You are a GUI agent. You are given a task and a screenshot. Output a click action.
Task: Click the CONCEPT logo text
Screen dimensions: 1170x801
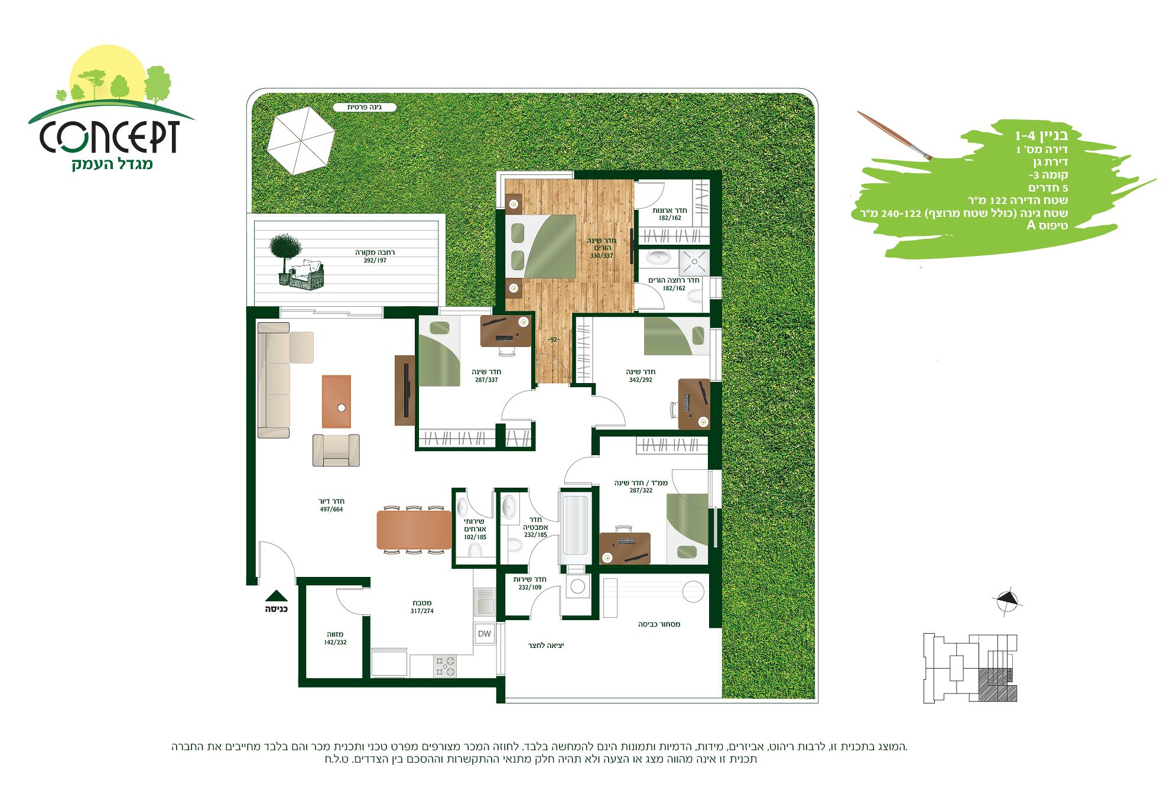click(110, 137)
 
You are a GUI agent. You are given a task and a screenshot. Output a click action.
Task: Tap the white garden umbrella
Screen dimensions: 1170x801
click(301, 140)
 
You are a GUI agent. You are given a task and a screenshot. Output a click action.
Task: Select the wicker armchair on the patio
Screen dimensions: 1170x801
click(307, 274)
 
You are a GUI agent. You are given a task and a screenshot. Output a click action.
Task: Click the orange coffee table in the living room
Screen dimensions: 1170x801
click(336, 401)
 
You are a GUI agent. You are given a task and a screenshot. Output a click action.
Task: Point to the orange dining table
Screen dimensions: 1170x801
click(414, 530)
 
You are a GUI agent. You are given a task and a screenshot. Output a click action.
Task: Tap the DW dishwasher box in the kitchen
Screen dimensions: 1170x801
click(485, 634)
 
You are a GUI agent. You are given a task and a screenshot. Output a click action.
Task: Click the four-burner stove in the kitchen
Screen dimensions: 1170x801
click(445, 666)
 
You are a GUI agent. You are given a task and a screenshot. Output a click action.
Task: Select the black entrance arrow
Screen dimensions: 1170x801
click(276, 596)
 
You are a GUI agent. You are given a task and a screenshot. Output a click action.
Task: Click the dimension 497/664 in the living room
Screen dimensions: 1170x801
click(331, 509)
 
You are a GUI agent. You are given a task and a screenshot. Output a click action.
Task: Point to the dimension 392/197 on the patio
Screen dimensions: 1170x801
click(375, 260)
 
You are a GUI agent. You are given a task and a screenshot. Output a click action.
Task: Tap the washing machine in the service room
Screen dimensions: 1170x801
click(578, 586)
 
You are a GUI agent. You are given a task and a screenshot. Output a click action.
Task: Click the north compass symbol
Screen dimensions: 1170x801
click(1007, 601)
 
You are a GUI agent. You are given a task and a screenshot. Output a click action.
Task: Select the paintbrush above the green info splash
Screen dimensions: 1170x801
click(895, 135)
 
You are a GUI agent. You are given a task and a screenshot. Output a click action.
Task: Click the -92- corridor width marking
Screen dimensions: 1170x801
click(553, 340)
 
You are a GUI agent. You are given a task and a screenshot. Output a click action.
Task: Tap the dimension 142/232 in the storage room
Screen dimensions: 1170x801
click(335, 642)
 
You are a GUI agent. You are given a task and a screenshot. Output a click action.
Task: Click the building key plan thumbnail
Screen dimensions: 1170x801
click(970, 668)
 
